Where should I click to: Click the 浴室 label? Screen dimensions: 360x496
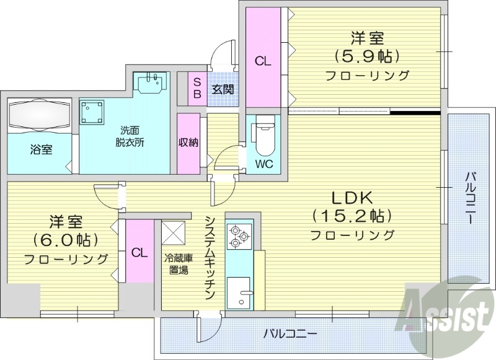pos(42,149)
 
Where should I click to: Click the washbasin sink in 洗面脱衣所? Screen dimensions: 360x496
pos(151,82)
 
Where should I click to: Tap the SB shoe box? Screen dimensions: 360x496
pos(197,89)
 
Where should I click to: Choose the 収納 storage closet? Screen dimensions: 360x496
pos(188,143)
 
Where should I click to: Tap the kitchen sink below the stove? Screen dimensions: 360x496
pos(238,292)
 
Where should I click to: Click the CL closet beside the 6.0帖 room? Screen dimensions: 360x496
pos(139,252)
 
